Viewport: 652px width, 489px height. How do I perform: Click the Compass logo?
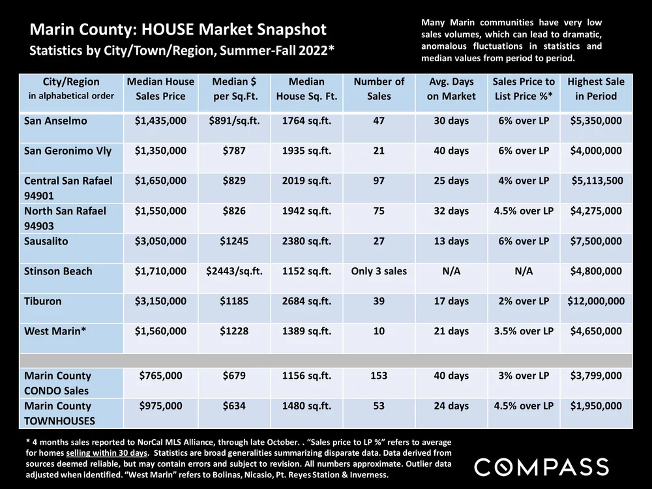pos(541,467)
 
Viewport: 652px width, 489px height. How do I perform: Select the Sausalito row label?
pos(46,241)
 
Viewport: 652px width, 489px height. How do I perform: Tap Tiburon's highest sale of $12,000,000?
pos(596,301)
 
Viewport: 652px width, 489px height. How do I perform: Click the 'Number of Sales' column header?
pos(379,89)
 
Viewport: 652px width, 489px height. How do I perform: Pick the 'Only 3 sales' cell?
pos(379,271)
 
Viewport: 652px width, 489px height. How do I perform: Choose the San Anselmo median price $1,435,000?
pos(160,121)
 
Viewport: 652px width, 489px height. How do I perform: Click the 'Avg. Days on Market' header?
pos(452,89)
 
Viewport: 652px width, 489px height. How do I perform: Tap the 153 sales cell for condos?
pos(379,376)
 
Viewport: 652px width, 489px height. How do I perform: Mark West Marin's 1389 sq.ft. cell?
pos(306,331)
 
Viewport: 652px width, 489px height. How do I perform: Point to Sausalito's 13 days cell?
pos(452,241)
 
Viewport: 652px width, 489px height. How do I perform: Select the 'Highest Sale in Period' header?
pos(596,89)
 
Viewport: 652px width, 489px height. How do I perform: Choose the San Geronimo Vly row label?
pos(68,151)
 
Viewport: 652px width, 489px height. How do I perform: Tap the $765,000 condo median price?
pos(160,376)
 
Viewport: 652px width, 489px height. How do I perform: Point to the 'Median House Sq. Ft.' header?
pos(306,89)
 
